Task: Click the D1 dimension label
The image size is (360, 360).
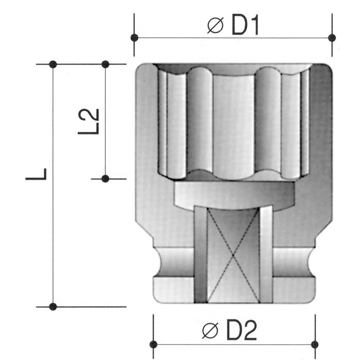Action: pyautogui.click(x=244, y=26)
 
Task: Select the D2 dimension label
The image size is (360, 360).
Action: pyautogui.click(x=242, y=331)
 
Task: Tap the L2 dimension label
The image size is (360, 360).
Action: pyautogui.click(x=89, y=121)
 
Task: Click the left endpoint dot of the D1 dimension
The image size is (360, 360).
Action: pyautogui.click(x=134, y=38)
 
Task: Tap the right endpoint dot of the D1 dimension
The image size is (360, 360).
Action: pyautogui.click(x=332, y=38)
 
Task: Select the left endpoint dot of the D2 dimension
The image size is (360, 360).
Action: pyautogui.click(x=153, y=344)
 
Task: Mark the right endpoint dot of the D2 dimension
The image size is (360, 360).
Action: pyautogui.click(x=314, y=344)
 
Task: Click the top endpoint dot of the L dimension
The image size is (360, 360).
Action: pyautogui.click(x=53, y=64)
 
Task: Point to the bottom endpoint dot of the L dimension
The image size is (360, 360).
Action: pyautogui.click(x=53, y=306)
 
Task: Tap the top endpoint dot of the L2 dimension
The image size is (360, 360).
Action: pyautogui.click(x=105, y=64)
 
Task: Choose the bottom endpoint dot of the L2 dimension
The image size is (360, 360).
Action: pyautogui.click(x=105, y=179)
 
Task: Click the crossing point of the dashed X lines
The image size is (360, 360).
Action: pyautogui.click(x=233, y=255)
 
